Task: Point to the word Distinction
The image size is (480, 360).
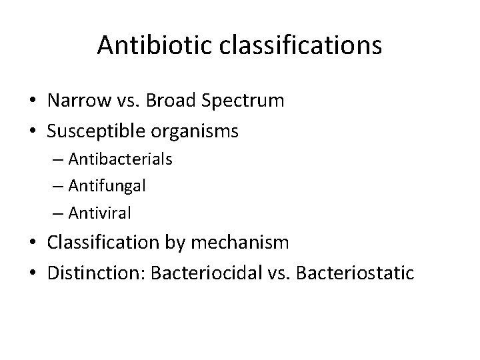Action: click(x=87, y=273)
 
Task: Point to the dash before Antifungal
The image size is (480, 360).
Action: click(x=56, y=187)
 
